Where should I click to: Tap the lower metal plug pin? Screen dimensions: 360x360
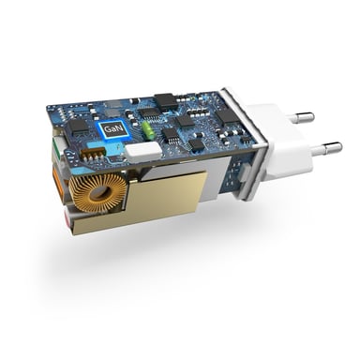point(323,147)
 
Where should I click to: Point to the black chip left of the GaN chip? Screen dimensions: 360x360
point(78,126)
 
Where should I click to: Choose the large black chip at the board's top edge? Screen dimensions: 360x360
point(164,98)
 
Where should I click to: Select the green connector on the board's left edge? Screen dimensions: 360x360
point(58,150)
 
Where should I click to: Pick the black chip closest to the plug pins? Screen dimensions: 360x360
point(228,115)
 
